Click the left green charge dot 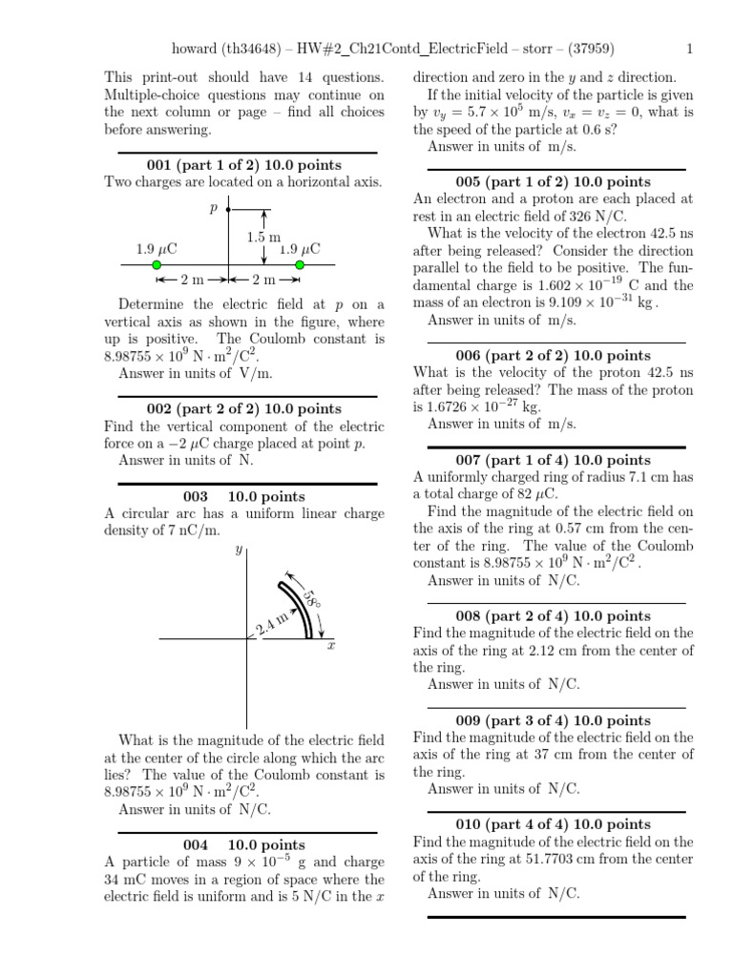click(x=157, y=264)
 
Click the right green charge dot click(x=300, y=264)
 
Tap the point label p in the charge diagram click(x=214, y=206)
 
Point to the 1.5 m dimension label click(x=263, y=237)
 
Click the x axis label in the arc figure click(x=330, y=647)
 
